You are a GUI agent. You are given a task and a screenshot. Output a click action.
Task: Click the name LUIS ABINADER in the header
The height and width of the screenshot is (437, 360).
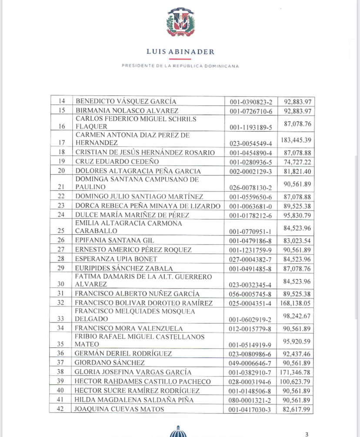pyautogui.click(x=180, y=51)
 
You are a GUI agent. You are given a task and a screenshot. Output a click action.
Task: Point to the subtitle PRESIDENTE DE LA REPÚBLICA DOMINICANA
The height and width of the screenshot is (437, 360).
pyautogui.click(x=180, y=66)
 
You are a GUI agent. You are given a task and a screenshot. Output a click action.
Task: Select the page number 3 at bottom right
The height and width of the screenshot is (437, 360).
pyautogui.click(x=307, y=434)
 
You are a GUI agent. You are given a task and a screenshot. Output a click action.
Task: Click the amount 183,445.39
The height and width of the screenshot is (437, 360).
pyautogui.click(x=297, y=139)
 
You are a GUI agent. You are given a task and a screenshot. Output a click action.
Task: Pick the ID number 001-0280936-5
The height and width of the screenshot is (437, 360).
pyautogui.click(x=251, y=162)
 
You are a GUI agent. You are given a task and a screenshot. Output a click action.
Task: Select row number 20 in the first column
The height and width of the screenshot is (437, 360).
pyautogui.click(x=61, y=171)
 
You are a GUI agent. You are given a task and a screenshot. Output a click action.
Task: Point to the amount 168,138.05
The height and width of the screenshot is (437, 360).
pyautogui.click(x=297, y=303)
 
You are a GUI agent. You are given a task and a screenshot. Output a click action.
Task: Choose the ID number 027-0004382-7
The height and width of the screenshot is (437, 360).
pyautogui.click(x=251, y=259)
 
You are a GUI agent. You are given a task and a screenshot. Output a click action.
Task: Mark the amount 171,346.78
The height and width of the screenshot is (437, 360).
pyautogui.click(x=297, y=372)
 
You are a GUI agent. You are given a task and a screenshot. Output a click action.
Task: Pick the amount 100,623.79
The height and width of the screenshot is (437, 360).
pyautogui.click(x=297, y=381)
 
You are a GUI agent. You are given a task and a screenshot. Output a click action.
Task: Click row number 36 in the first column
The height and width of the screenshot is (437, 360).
pyautogui.click(x=61, y=353)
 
